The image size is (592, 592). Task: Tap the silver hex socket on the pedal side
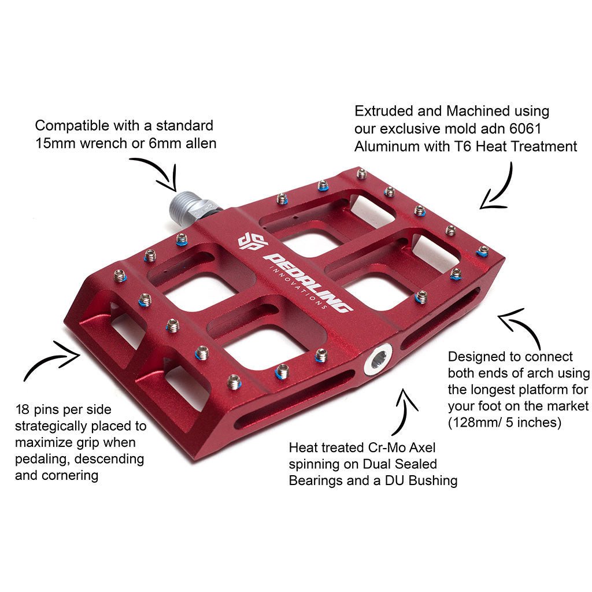point(378,361)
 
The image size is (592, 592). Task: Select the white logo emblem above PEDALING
point(252,242)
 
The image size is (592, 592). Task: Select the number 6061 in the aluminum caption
point(525,129)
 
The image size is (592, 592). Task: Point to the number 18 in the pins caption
point(22,410)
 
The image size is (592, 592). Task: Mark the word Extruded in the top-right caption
point(384,111)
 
